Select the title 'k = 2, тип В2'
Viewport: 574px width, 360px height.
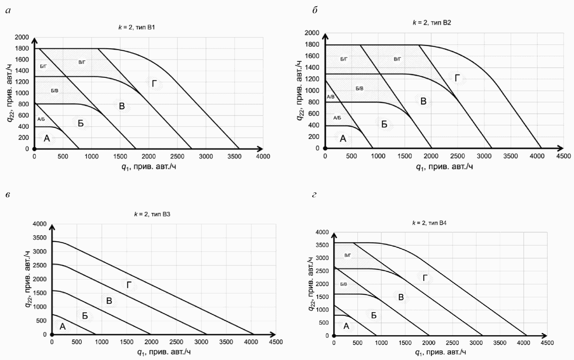[432, 23]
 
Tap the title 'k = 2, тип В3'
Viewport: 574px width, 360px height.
[152, 214]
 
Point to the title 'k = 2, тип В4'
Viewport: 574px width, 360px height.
[429, 223]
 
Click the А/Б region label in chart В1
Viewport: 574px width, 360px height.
[41, 119]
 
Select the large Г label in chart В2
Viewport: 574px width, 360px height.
[457, 78]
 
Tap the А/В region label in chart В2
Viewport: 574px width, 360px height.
[331, 97]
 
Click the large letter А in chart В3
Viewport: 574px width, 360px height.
[62, 326]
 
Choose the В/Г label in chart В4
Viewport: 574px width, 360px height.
[348, 255]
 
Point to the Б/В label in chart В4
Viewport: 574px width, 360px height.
[343, 284]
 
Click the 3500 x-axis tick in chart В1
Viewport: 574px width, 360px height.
[234, 157]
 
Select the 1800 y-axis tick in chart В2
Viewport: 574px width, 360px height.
[312, 44]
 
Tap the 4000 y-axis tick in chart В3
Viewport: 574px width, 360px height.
[40, 224]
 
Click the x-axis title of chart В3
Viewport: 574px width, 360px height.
[164, 352]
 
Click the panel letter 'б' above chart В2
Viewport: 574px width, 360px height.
[315, 10]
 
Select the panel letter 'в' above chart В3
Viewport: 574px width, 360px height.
[7, 195]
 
